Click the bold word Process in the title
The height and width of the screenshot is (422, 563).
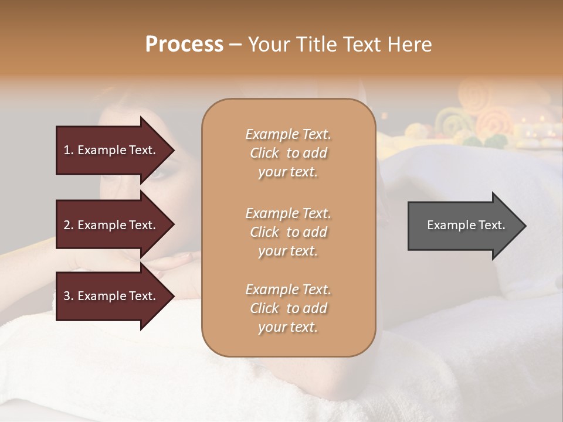(x=184, y=45)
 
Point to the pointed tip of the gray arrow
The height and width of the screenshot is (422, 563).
(x=524, y=226)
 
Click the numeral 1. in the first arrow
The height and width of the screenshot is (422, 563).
(x=69, y=150)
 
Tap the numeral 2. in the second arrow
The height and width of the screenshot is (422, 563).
(x=69, y=225)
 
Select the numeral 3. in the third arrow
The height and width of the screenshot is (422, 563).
(x=69, y=296)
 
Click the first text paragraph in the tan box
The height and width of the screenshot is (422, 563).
(x=288, y=153)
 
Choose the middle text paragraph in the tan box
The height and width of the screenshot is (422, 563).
(x=288, y=232)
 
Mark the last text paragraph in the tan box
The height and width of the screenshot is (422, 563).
(x=288, y=308)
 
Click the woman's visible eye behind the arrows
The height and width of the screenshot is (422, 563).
(x=159, y=173)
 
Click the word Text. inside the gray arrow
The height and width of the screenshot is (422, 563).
(x=492, y=225)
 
